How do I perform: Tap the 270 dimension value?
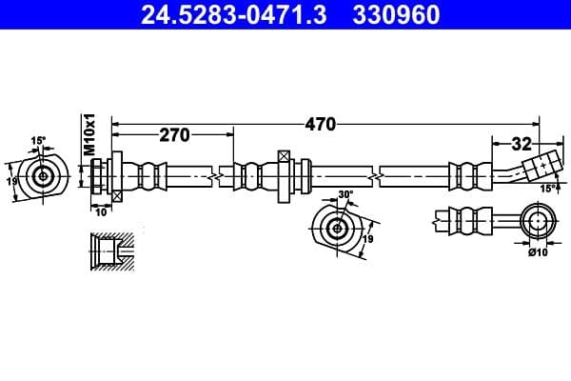(174, 135)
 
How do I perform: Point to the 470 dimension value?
(321, 123)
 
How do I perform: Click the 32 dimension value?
(521, 144)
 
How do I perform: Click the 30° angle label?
(345, 195)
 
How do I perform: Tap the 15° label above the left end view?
(37, 141)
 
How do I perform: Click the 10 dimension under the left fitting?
(102, 211)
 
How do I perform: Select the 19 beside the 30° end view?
(367, 238)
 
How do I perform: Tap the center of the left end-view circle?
(43, 176)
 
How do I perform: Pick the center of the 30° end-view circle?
(335, 228)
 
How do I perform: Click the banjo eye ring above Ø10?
(539, 222)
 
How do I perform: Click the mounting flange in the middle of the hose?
(283, 174)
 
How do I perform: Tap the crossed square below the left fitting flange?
(116, 194)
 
